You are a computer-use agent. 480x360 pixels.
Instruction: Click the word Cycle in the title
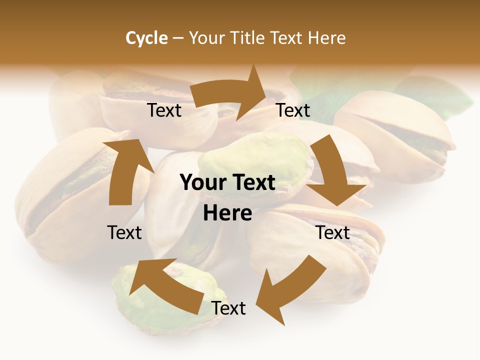146,38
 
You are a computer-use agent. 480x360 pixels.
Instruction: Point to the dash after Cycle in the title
178,38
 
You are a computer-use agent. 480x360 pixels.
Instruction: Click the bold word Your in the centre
201,183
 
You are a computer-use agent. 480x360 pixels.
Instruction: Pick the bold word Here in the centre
227,213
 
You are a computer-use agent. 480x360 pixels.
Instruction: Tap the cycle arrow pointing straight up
125,172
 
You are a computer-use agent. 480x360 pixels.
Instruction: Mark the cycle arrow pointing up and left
165,282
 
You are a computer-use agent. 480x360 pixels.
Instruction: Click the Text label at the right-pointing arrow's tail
164,110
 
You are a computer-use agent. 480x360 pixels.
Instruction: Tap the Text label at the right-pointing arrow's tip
293,110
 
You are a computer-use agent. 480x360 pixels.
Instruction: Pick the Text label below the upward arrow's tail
124,232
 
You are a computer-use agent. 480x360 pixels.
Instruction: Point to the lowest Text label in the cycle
228,308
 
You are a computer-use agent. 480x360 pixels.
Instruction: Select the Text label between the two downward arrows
332,232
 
